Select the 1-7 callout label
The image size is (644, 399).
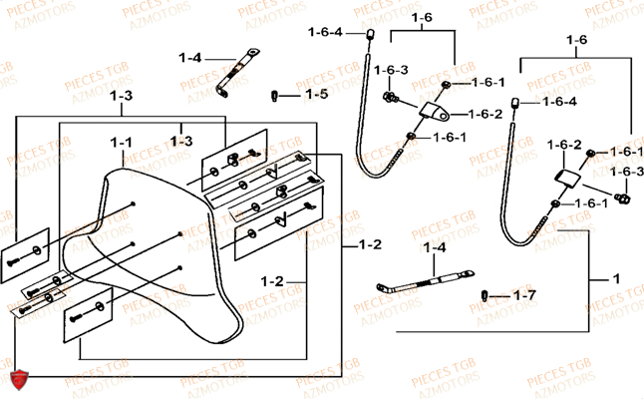[524, 296]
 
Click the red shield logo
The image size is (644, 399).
[17, 379]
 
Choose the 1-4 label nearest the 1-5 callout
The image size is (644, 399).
[189, 57]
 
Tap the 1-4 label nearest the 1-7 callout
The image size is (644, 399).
[435, 246]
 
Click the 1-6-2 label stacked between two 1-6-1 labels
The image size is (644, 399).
[485, 113]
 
